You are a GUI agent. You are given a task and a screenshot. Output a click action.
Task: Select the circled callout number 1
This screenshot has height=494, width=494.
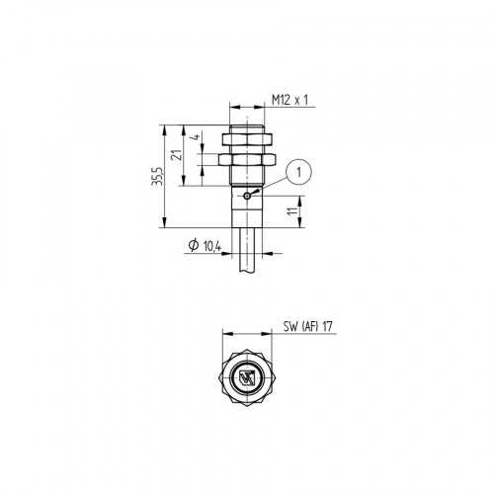(299, 172)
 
